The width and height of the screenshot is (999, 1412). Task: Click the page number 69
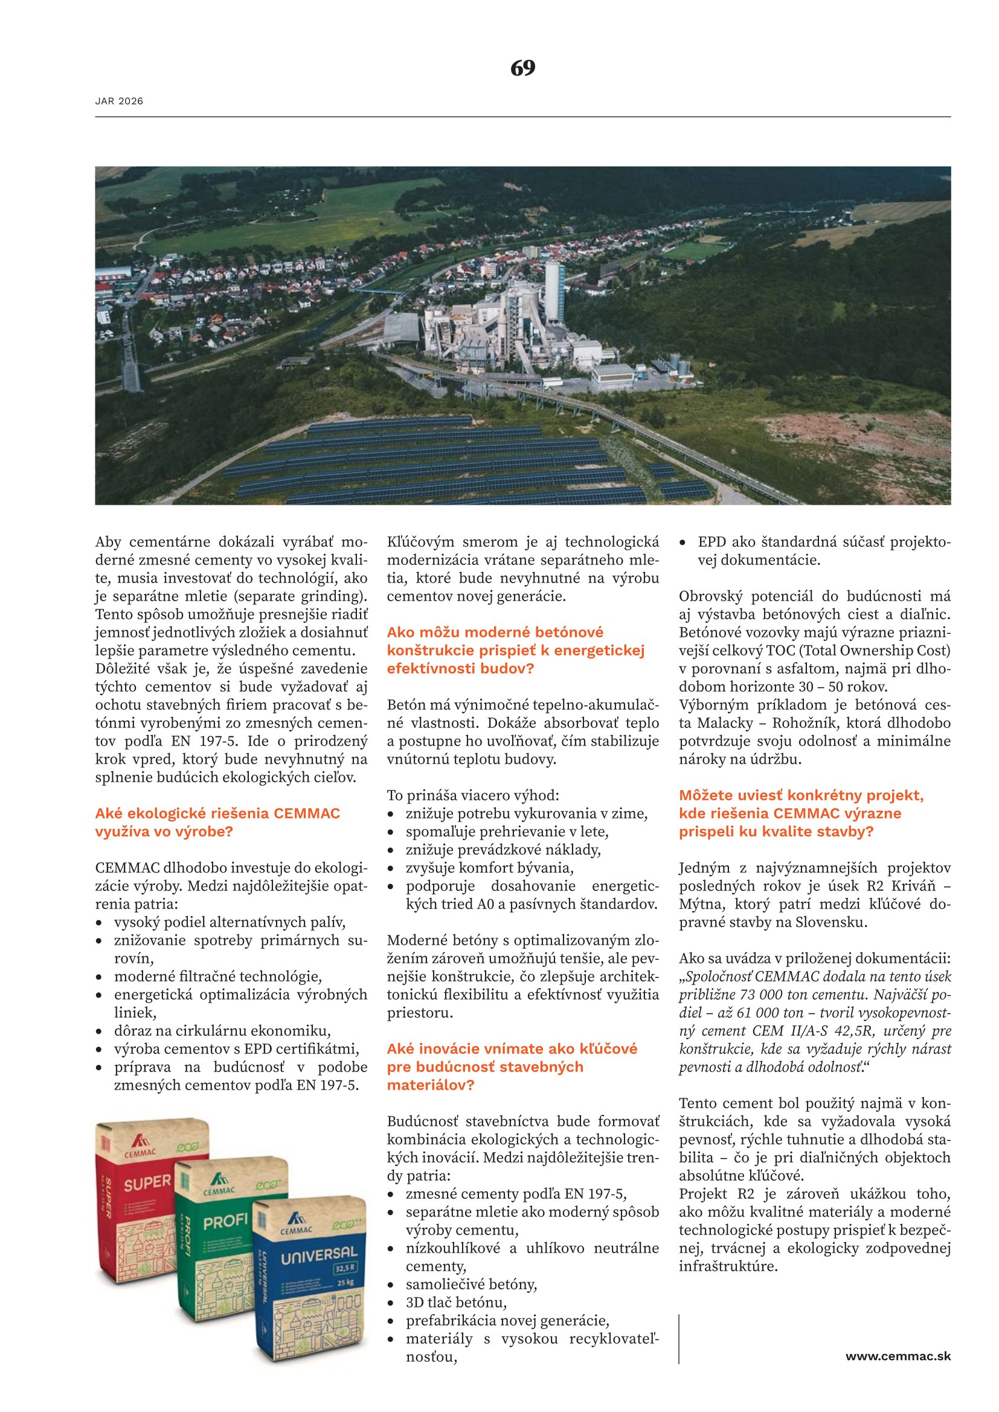[522, 68]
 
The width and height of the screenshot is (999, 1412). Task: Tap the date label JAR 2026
[119, 101]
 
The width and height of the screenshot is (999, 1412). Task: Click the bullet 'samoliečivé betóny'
[471, 1284]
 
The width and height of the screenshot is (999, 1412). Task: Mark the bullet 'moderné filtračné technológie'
[218, 977]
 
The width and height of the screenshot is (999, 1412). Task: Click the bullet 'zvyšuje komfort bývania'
[489, 867]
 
